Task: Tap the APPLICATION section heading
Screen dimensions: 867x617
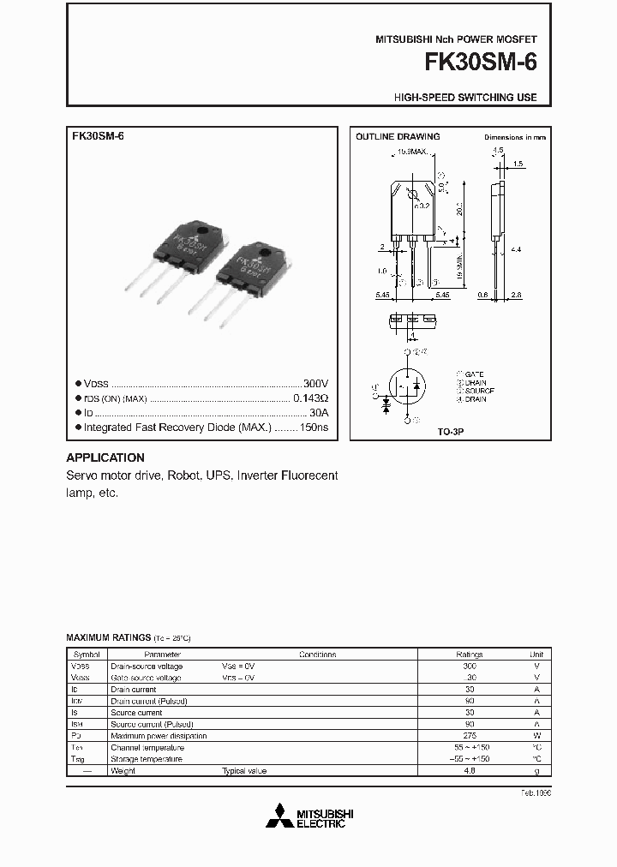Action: pos(105,457)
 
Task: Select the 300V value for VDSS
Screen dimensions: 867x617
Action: pos(315,385)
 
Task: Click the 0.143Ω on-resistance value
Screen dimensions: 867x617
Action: pos(311,398)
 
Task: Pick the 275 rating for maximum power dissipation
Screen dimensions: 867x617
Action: pos(469,736)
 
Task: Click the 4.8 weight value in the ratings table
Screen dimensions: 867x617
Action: pos(469,771)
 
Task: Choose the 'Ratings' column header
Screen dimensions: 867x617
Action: pos(469,654)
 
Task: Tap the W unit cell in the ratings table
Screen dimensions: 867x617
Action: pos(536,736)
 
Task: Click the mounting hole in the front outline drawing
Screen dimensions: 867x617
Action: pos(412,194)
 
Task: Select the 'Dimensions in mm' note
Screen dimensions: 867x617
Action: pos(514,137)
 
